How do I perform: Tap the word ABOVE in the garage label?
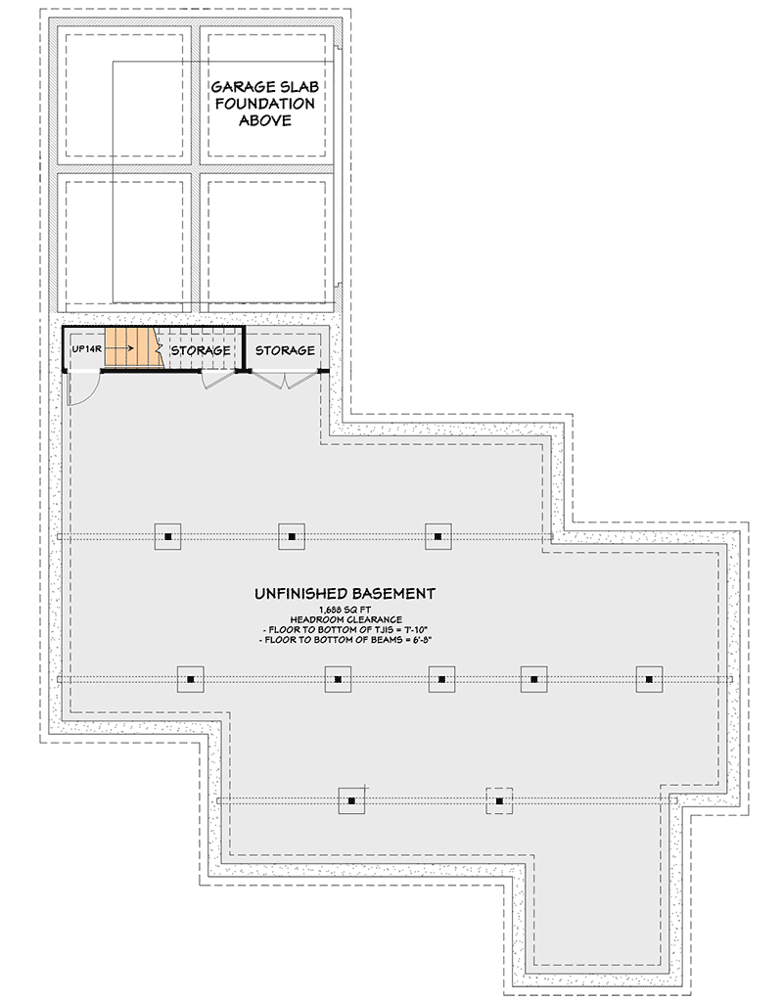pos(265,120)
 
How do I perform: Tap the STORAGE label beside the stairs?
pos(201,350)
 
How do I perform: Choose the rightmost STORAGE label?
pos(285,350)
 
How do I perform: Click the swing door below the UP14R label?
pos(82,387)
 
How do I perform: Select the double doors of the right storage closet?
pos(284,380)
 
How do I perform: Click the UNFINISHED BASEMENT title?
pos(345,593)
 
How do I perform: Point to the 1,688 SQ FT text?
pos(345,610)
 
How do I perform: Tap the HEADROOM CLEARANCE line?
pos(345,619)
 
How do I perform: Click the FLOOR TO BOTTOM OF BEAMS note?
pos(345,639)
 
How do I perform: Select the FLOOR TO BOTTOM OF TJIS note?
pos(345,629)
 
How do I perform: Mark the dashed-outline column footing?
pos(499,801)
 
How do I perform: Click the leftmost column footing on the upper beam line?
pos(168,536)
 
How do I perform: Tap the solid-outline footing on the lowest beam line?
pos(350,801)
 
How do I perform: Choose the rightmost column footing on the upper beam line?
pos(438,536)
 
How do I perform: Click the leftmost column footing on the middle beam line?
pos(191,678)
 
